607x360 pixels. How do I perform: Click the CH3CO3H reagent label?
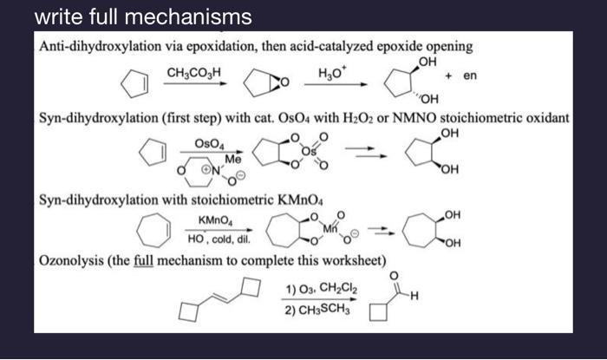(193, 73)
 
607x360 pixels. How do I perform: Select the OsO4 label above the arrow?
(210, 144)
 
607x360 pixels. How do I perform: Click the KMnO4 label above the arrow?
(216, 220)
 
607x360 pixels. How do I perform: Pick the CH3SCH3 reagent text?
(317, 310)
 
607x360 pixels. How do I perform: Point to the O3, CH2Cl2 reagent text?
(322, 288)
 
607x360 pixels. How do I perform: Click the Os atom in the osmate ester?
(309, 151)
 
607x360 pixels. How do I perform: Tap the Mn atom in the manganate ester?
(330, 229)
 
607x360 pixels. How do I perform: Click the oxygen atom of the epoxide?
(284, 82)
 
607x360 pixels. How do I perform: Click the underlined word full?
(143, 260)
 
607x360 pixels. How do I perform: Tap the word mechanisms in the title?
(188, 17)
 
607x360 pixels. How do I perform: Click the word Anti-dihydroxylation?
(101, 47)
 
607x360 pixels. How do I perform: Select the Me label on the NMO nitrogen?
(233, 160)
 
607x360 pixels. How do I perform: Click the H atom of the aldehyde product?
(414, 297)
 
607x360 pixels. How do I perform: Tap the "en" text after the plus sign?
(470, 75)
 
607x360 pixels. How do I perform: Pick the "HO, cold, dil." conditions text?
(219, 239)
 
